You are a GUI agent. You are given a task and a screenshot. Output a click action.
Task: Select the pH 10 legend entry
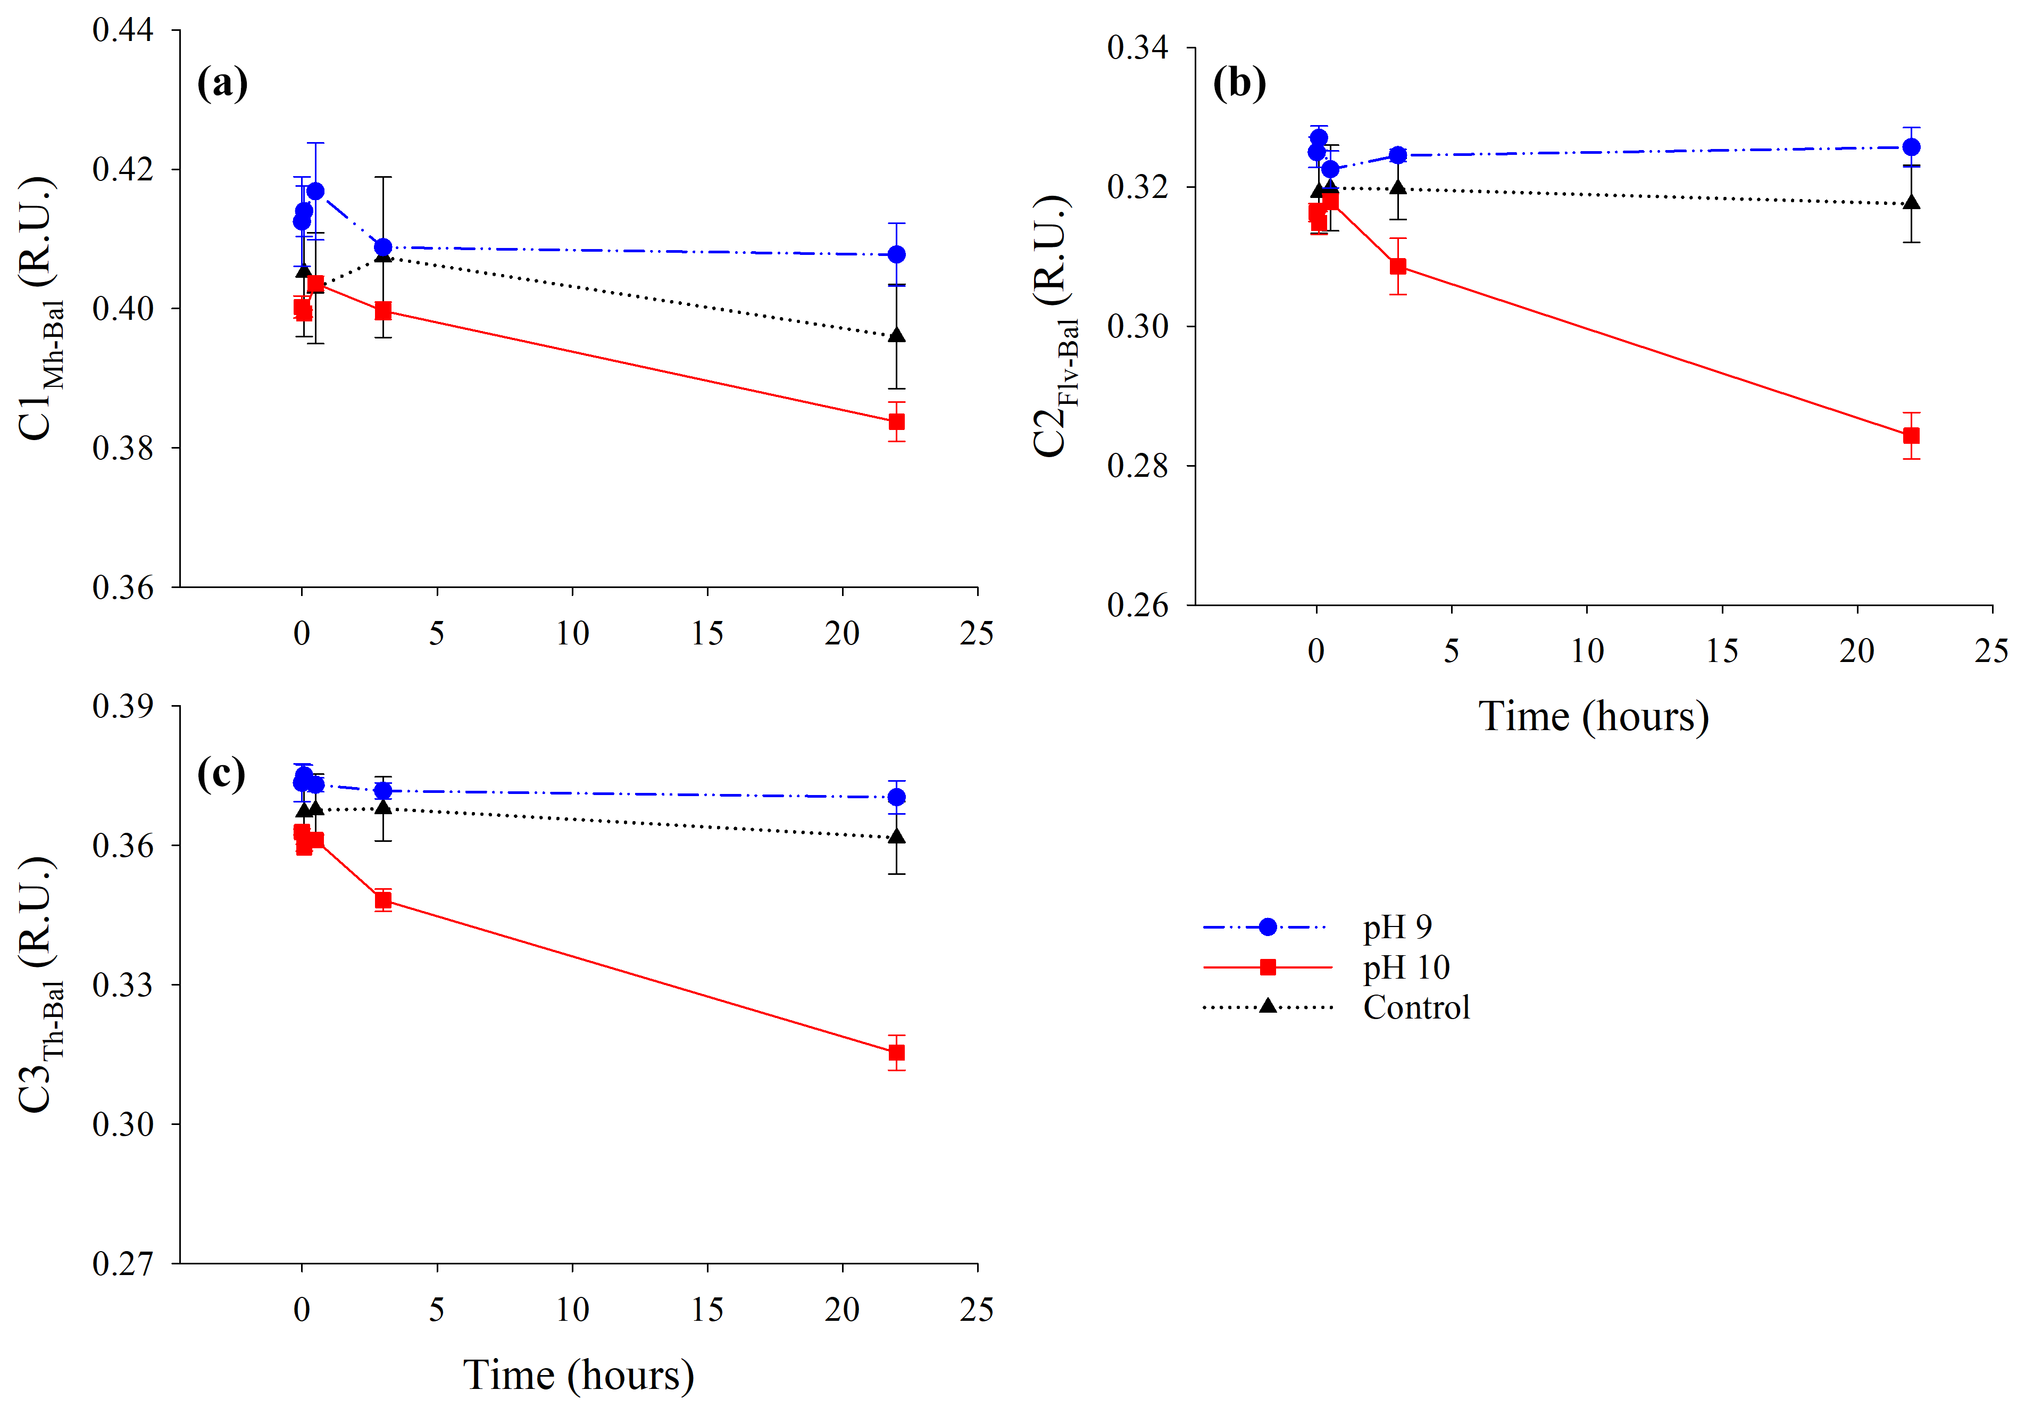click(1406, 968)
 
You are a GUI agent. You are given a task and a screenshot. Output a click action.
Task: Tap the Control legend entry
click(1415, 1007)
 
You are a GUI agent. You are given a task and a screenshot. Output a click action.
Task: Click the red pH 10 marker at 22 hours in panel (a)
click(896, 421)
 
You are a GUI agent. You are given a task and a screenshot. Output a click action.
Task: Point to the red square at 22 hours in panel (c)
click(896, 1053)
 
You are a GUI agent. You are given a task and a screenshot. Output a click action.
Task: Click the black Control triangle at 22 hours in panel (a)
click(896, 335)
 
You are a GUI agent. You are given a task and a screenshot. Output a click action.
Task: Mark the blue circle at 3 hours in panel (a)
click(383, 247)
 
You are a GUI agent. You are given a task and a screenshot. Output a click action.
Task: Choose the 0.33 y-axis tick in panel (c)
click(122, 984)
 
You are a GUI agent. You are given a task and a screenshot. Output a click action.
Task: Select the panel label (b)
click(1239, 84)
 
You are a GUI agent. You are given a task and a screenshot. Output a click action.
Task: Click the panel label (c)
click(221, 774)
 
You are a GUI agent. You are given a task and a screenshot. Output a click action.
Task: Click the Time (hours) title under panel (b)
click(1594, 716)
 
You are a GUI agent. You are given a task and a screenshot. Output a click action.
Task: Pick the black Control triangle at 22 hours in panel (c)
click(896, 837)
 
